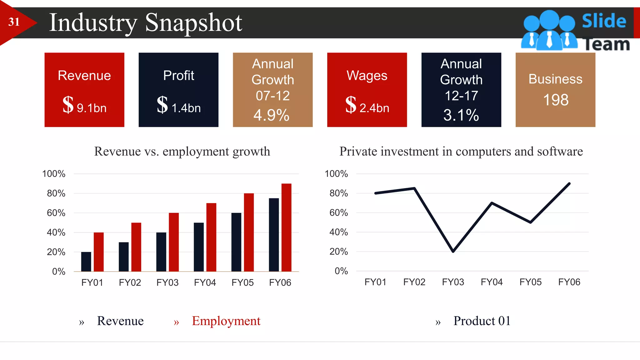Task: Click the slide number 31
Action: pos(14,22)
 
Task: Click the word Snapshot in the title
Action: pos(193,22)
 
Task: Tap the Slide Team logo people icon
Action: pos(549,30)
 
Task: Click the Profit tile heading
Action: pos(178,75)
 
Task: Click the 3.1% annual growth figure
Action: pos(461,115)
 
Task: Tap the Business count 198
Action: pos(556,100)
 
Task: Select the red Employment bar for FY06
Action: pos(286,227)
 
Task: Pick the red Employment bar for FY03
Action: pos(174,242)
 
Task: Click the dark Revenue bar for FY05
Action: pos(236,242)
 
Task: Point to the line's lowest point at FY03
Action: pos(453,251)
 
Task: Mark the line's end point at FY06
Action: pos(569,184)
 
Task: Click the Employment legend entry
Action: pos(226,321)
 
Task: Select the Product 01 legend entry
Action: pos(482,321)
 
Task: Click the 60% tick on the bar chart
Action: pos(56,213)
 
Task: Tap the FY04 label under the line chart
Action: pos(492,282)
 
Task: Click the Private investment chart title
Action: pos(461,151)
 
